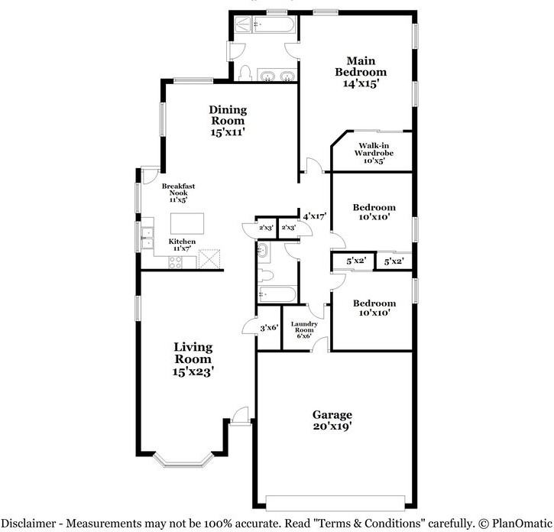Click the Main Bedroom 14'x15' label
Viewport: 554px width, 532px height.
[361, 72]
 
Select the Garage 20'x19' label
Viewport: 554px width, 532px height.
[332, 420]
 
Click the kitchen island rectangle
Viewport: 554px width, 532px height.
[187, 223]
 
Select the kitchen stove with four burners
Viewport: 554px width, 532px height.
[175, 262]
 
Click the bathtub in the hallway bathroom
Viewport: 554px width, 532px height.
[277, 294]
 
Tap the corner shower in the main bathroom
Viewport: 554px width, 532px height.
[243, 24]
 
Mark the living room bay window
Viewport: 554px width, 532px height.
[183, 460]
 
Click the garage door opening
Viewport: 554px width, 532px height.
[335, 503]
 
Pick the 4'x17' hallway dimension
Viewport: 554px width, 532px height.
[315, 216]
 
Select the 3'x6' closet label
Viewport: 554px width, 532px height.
[270, 328]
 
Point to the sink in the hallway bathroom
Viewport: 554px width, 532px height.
[262, 251]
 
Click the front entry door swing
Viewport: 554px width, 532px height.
[241, 415]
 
